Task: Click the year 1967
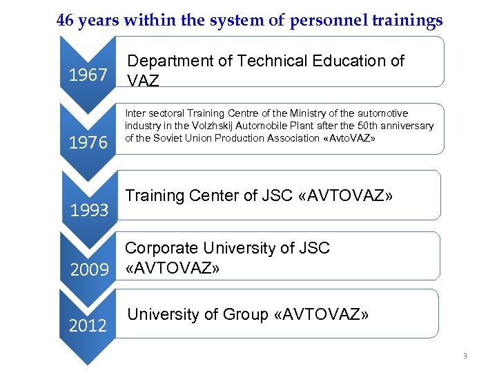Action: coord(88,75)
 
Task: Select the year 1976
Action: coord(88,142)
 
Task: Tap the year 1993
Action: coord(90,210)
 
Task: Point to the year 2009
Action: coord(90,268)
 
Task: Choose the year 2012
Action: coord(88,325)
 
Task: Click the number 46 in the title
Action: coord(66,21)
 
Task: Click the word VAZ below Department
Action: coord(144,81)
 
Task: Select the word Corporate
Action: coord(161,248)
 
